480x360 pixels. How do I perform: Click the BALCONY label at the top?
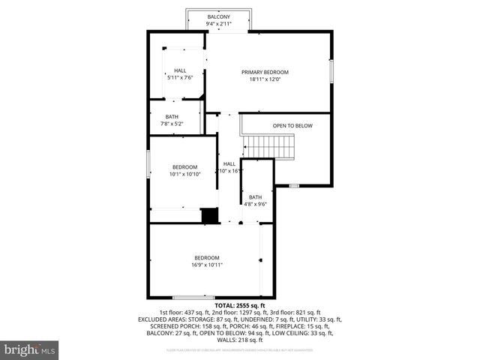219,16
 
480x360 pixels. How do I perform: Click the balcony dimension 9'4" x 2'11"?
219,24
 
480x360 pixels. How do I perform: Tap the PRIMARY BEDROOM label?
265,72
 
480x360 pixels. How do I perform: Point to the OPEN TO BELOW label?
292,126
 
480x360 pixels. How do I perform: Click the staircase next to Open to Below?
272,147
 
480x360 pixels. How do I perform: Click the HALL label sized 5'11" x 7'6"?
180,70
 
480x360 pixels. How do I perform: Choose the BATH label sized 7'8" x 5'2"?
172,116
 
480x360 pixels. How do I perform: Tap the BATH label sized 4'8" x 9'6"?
256,197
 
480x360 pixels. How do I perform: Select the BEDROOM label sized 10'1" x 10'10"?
184,166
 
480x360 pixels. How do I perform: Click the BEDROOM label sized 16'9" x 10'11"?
207,257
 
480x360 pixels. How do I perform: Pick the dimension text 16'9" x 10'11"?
207,264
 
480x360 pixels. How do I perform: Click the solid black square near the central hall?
209,215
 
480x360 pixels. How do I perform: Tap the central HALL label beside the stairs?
229,163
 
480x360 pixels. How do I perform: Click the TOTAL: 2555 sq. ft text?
240,306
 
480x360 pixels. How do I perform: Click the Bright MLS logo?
30,349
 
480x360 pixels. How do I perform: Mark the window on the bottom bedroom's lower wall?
193,297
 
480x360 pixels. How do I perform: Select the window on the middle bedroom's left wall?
148,165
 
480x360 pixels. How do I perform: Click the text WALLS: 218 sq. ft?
240,340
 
